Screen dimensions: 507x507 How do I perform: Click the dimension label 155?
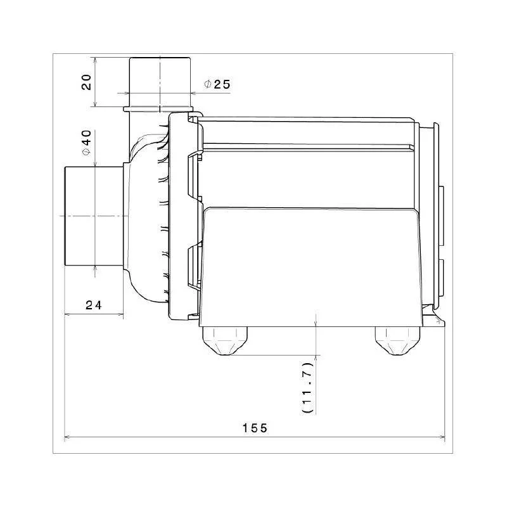coord(255,428)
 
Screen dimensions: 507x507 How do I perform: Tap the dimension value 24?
coord(94,305)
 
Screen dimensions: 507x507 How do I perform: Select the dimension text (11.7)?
coord(307,388)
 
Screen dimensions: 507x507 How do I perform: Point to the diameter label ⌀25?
coord(217,84)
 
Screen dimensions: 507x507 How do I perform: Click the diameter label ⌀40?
coord(87,143)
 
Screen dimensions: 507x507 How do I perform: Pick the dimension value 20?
coord(87,82)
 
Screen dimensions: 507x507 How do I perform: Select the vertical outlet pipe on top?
coord(160,76)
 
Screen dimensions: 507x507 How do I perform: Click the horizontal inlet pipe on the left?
coord(92,216)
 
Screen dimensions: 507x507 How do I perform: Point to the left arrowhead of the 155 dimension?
coord(68,437)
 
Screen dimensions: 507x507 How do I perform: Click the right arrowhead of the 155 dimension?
coord(442,437)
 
